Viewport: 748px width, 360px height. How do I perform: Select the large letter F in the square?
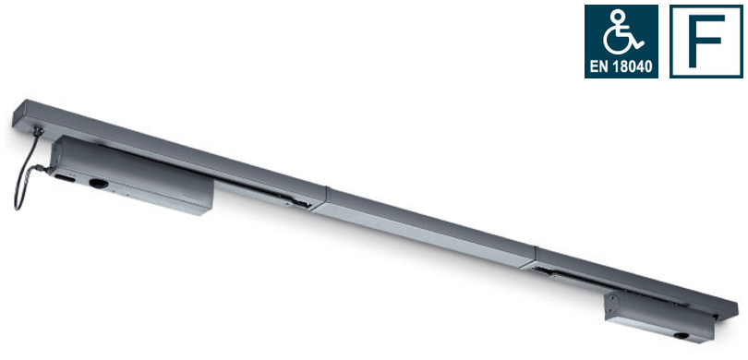(x=706, y=42)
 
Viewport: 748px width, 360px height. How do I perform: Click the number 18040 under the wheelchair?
(x=631, y=66)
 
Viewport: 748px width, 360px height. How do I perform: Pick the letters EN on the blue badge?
(x=599, y=66)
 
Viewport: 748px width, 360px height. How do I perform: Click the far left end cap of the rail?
(x=16, y=114)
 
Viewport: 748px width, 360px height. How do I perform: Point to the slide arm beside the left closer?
(x=268, y=194)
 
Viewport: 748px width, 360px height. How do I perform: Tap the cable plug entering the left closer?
(x=51, y=169)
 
